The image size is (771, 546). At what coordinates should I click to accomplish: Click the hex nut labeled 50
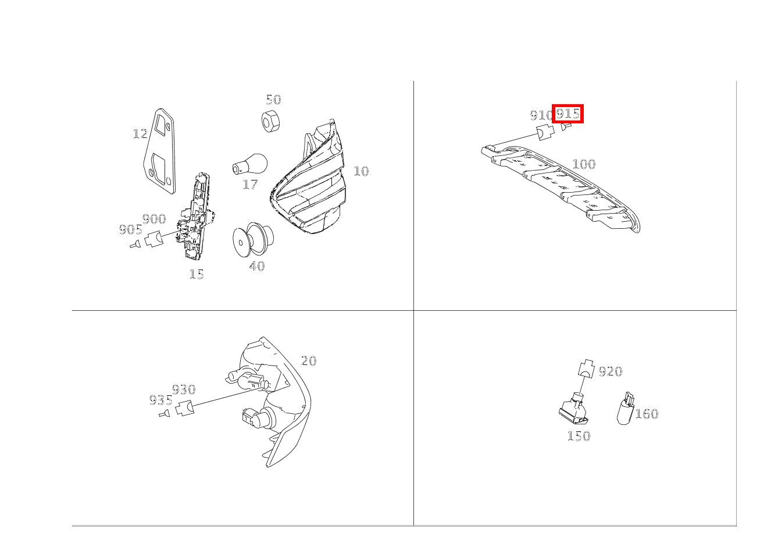[269, 121]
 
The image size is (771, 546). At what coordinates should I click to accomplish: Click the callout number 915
[567, 114]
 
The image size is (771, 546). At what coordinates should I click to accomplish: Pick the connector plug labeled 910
[545, 133]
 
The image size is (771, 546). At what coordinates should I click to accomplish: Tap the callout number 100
[583, 164]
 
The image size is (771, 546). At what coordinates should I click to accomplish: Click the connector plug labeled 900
[154, 239]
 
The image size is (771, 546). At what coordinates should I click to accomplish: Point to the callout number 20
[309, 361]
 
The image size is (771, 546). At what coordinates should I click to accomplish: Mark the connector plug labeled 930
[185, 408]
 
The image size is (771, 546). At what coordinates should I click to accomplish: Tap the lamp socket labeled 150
[574, 409]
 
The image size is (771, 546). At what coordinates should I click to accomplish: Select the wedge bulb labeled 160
[624, 409]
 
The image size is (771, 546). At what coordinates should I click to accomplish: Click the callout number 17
[250, 185]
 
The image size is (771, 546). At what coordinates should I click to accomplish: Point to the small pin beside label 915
[566, 126]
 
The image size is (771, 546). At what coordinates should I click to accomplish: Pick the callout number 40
[256, 267]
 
